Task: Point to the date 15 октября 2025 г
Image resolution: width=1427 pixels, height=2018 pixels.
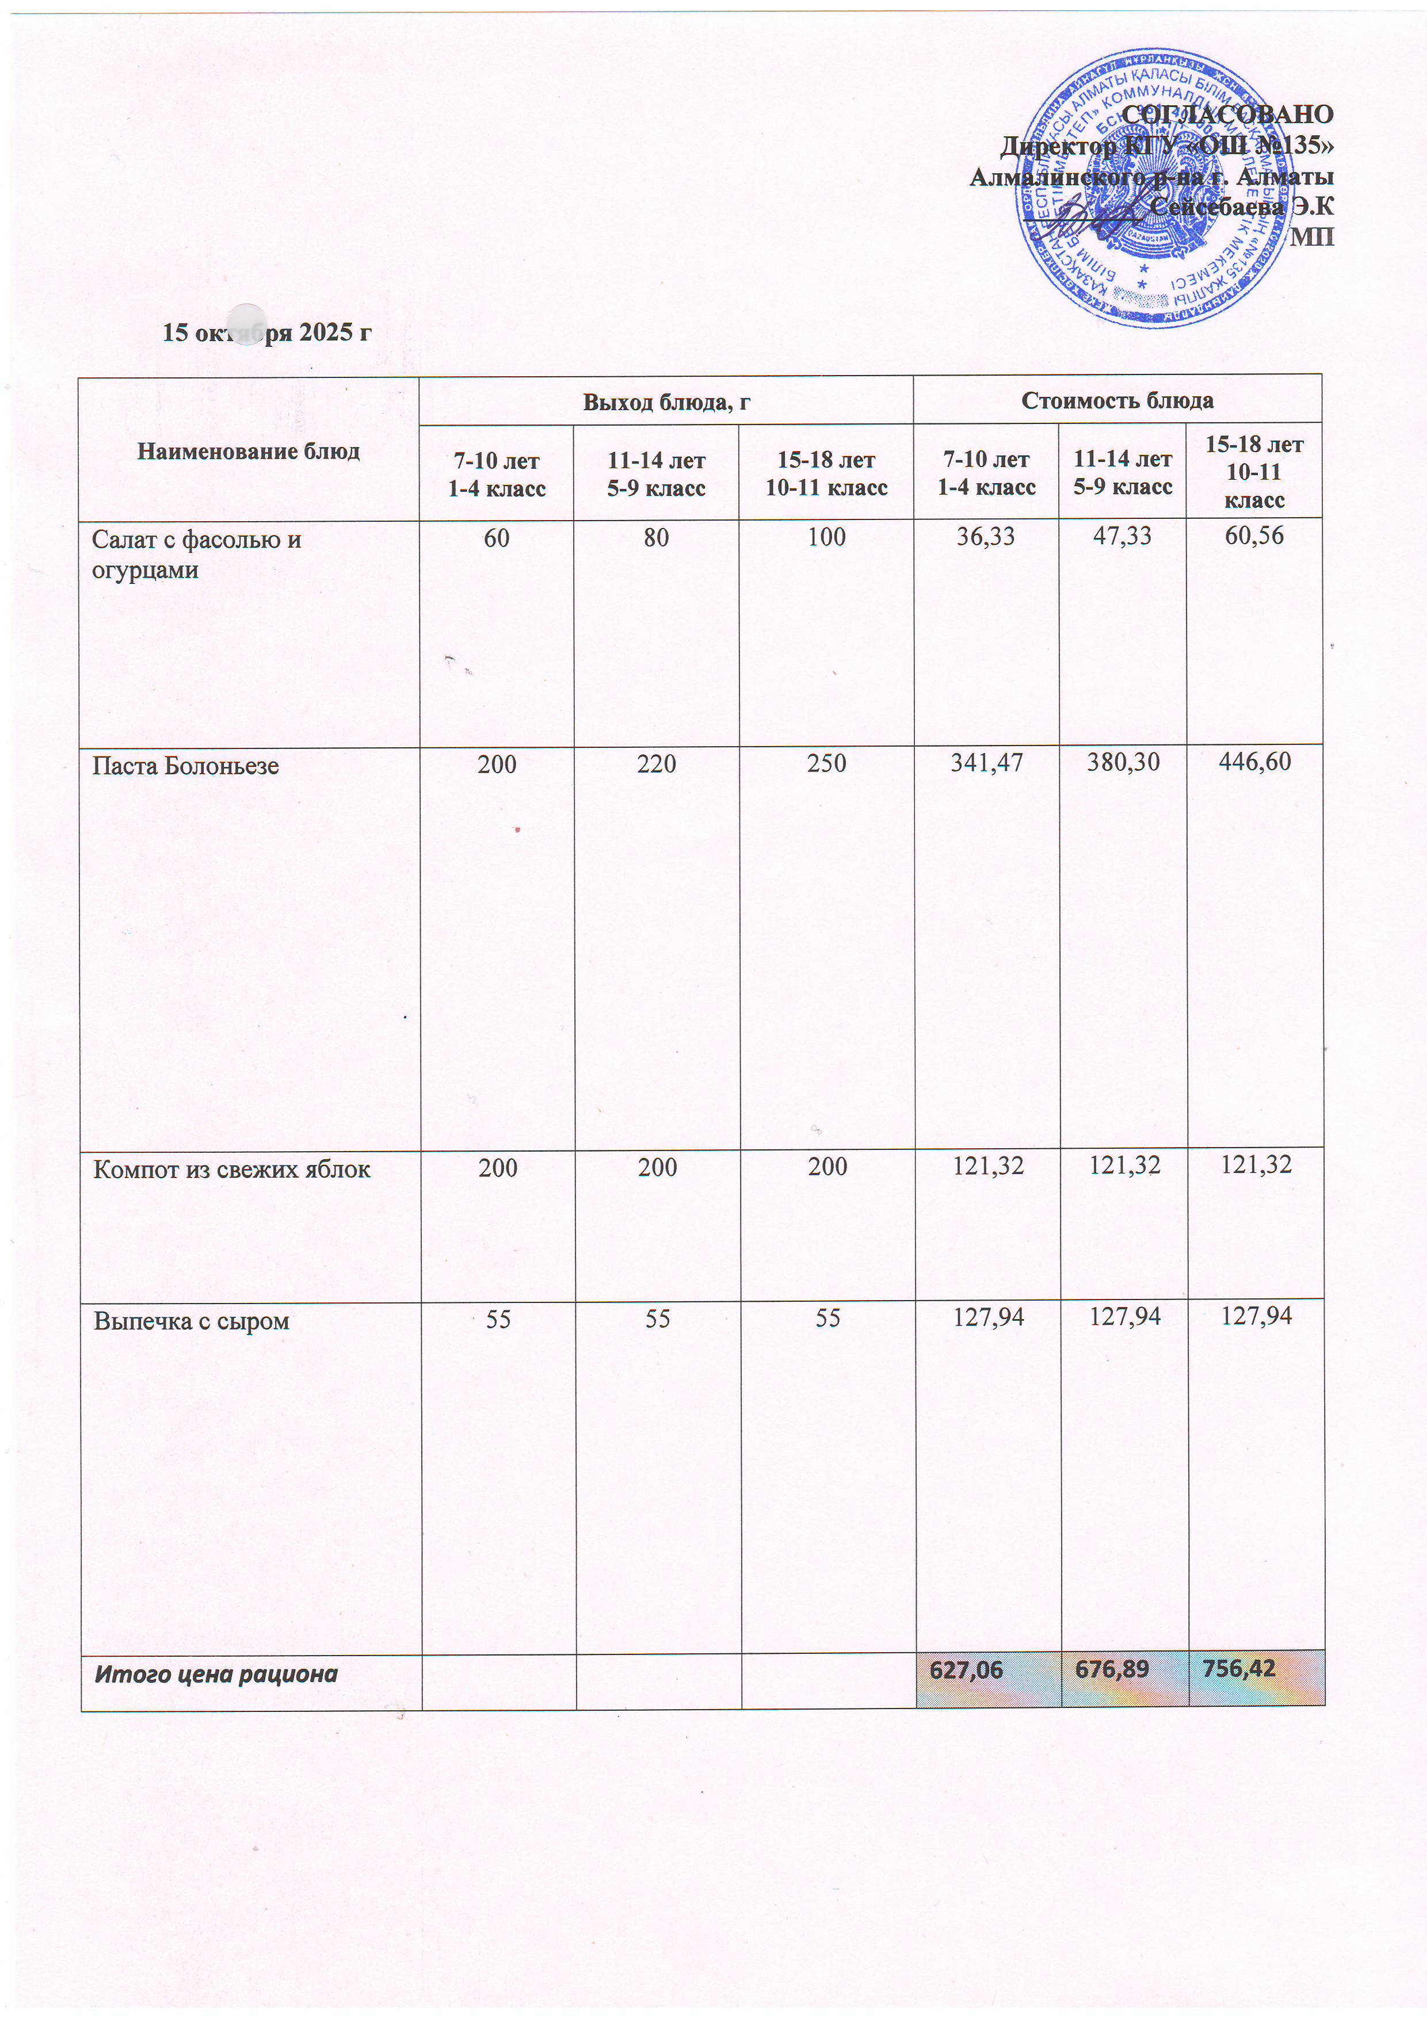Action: [268, 332]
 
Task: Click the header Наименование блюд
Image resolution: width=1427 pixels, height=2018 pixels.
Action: [249, 451]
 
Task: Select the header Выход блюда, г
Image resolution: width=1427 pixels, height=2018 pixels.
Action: [666, 402]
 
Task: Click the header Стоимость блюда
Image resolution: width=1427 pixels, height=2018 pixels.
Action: [1117, 401]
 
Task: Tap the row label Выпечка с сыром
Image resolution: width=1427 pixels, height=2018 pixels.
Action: [192, 1321]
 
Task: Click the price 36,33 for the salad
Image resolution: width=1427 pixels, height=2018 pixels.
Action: [986, 536]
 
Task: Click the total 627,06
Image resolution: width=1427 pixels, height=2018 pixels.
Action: [966, 1670]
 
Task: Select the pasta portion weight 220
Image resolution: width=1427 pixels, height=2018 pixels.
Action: [657, 764]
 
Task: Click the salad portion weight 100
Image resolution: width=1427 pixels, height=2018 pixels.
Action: [826, 537]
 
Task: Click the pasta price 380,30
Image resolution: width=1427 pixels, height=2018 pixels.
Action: [1122, 762]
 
